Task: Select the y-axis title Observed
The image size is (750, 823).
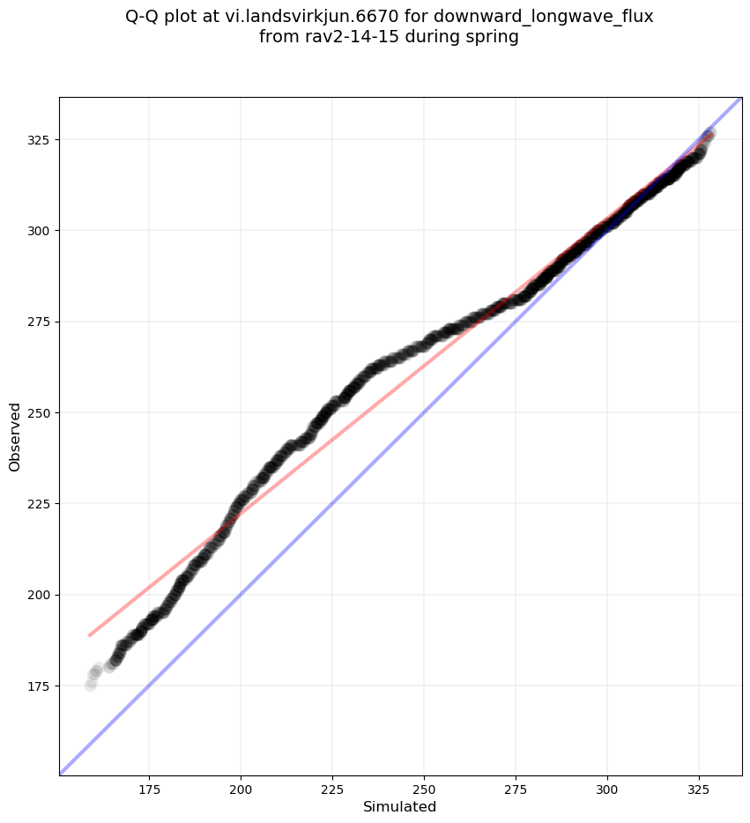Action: pos(15,436)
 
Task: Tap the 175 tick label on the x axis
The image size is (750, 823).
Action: pos(149,787)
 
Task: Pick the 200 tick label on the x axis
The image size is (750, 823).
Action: pos(241,787)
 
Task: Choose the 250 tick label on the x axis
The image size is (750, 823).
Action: pos(424,787)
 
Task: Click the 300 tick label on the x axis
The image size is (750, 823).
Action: pos(607,787)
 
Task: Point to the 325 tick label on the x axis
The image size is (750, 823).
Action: pos(699,787)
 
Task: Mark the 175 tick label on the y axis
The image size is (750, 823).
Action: pos(41,686)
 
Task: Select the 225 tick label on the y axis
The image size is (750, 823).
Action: pos(41,504)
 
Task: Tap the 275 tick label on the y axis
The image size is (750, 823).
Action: pos(41,322)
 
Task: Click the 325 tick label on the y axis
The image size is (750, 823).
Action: pos(41,140)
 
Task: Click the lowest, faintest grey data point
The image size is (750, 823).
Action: pos(91,685)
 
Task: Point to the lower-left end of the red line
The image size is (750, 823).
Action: pos(89,634)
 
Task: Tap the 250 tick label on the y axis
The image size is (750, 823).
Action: pos(41,412)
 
